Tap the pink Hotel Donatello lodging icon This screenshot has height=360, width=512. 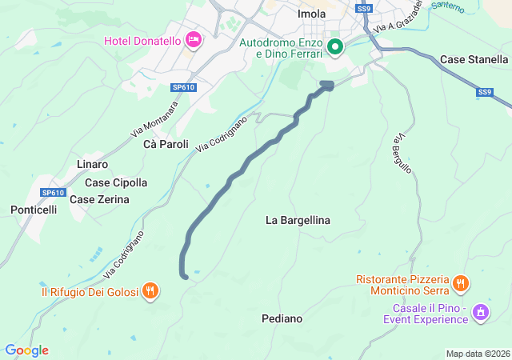click(193, 40)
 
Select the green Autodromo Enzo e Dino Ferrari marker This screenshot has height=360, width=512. click(335, 47)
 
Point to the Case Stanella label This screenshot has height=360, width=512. click(474, 60)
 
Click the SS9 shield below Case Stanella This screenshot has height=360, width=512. click(485, 93)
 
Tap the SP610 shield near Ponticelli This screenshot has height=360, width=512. click(53, 193)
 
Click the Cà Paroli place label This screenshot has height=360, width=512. click(166, 145)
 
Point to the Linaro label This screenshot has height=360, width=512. click(92, 164)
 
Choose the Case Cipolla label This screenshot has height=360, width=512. click(116, 182)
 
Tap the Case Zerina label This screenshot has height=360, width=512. click(99, 199)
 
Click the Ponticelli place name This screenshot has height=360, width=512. click(34, 210)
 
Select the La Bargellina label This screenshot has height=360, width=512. click(298, 220)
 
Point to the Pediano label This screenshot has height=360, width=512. click(282, 318)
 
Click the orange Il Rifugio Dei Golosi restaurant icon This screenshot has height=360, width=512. click(150, 291)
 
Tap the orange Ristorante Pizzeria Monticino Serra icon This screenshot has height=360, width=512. click(460, 283)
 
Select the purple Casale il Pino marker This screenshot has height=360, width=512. click(481, 312)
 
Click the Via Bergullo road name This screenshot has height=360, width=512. click(402, 154)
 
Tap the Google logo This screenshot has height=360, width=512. click(26, 350)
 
